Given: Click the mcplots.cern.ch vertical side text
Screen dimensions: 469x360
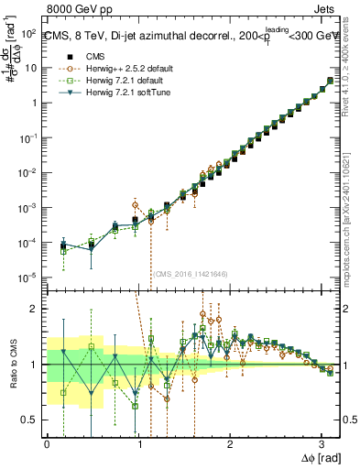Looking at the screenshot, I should pos(351,220).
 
